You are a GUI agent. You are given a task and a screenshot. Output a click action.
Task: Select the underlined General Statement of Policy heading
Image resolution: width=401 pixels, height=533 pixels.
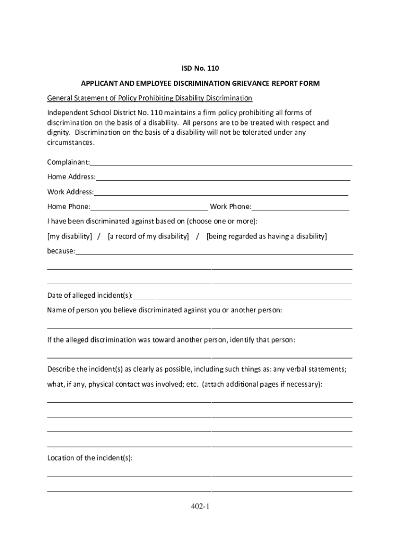coord(150,98)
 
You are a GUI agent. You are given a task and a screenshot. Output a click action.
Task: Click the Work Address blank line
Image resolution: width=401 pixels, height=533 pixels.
coord(221,192)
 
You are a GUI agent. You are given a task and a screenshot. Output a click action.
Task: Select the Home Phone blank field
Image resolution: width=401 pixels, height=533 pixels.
coord(149,207)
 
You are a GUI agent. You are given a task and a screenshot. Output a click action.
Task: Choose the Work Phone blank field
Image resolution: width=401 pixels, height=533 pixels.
coord(300,207)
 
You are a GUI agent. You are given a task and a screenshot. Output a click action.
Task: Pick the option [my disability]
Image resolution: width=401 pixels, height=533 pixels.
coord(70,236)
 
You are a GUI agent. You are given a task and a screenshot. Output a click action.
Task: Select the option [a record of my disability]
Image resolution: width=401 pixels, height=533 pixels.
coord(148,236)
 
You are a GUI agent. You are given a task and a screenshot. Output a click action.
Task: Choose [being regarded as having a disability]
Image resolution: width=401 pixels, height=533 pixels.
coord(267,236)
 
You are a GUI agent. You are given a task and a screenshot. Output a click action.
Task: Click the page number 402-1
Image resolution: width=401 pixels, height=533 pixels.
coord(199,507)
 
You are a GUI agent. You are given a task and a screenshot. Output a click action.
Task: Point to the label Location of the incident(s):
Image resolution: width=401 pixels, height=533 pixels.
coord(90,458)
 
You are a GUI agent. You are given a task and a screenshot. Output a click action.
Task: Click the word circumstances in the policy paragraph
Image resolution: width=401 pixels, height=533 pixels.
coord(71,142)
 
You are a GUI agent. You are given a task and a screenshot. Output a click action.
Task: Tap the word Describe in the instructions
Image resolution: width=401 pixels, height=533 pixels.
coord(61,369)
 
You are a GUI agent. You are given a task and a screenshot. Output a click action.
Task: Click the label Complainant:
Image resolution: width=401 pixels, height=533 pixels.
coord(69,162)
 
